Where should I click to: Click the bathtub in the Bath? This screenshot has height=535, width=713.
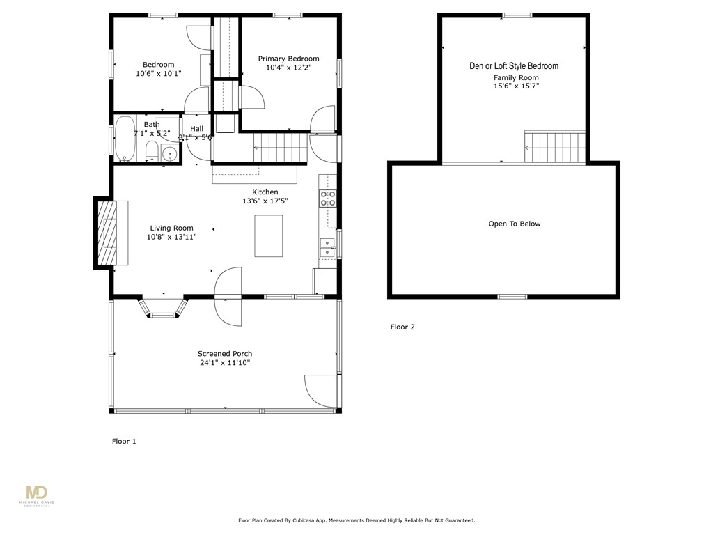(125, 139)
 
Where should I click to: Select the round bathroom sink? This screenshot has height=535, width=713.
(169, 154)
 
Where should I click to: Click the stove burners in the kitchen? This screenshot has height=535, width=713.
(327, 199)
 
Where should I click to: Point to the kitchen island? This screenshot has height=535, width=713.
(269, 237)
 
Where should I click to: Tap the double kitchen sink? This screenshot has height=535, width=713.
(327, 247)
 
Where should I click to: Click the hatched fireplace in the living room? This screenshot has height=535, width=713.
(107, 234)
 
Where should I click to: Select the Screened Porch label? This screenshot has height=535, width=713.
(225, 354)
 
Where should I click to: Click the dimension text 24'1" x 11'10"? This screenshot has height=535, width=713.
(225, 363)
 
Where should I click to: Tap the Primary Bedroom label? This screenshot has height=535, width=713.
(288, 59)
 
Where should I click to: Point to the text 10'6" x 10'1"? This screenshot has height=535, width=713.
(158, 73)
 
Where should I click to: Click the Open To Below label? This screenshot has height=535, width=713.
(515, 224)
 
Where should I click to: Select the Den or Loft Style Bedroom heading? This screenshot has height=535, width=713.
(514, 66)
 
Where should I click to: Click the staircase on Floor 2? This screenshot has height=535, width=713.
(554, 147)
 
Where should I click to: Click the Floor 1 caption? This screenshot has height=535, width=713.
(124, 441)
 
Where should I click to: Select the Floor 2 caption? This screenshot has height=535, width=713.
(402, 327)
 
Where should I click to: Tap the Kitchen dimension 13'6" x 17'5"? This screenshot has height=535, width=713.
(265, 201)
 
